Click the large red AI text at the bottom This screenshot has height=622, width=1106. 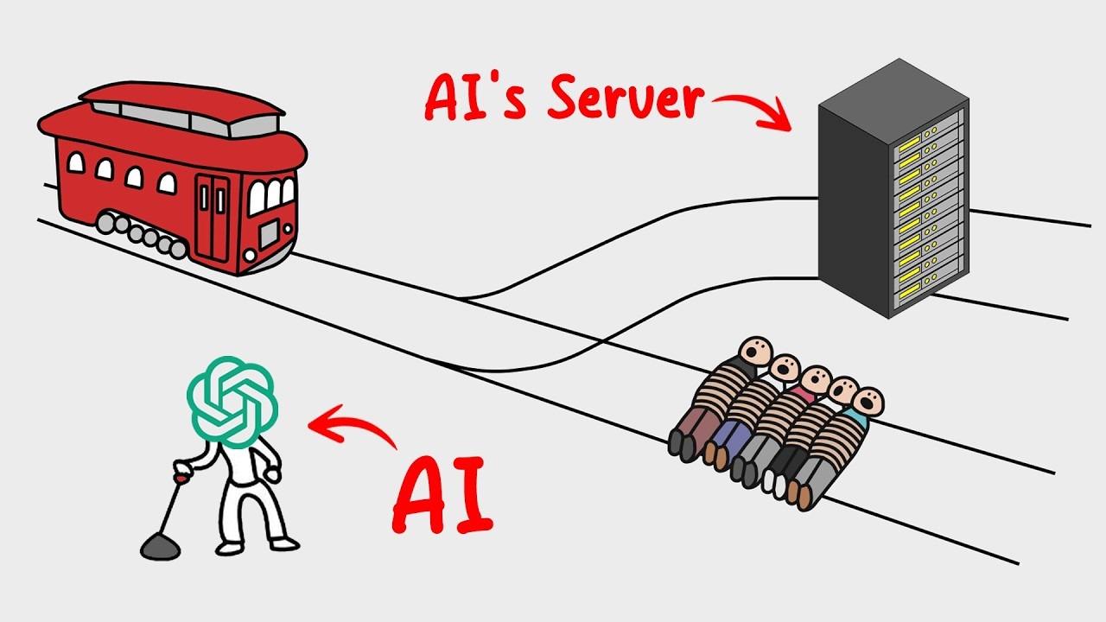[x=442, y=496]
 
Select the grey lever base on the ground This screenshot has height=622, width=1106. [x=161, y=546]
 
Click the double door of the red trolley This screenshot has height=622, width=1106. [x=212, y=216]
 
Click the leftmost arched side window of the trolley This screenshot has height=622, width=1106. [x=76, y=162]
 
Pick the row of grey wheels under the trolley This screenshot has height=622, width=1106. [x=143, y=235]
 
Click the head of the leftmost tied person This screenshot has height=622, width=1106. [x=757, y=352]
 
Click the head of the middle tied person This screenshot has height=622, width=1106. [x=815, y=379]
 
